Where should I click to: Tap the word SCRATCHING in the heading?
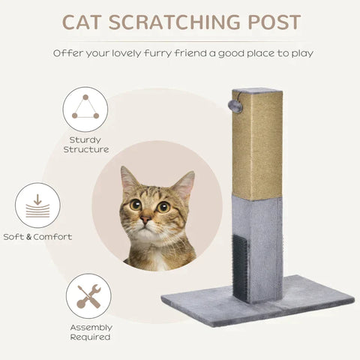pos(179,22)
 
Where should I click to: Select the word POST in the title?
pos(272,22)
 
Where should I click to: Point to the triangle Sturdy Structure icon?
pos(85,107)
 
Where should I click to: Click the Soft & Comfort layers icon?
pos(37,205)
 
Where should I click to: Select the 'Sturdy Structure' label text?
pos(85,145)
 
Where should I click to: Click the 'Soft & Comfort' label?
pos(37,237)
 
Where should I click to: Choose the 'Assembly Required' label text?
pos(91,332)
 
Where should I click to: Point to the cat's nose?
pos(146,220)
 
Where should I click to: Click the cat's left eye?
pos(136,204)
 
